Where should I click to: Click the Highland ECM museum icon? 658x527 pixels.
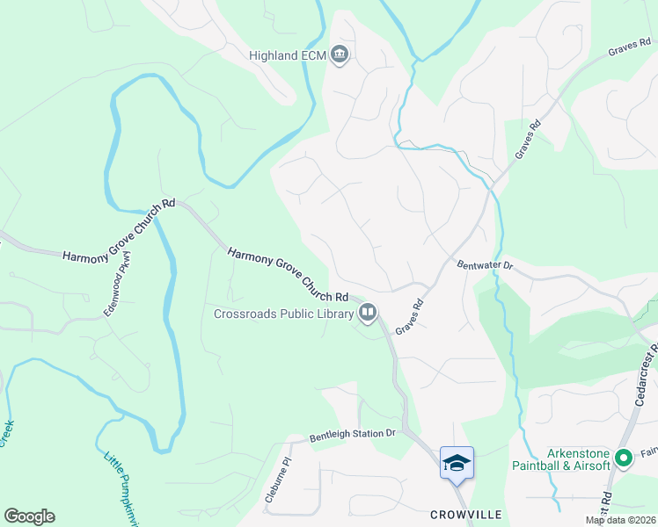(340, 56)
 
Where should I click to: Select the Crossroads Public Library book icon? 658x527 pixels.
(368, 312)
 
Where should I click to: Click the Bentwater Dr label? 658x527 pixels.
(483, 263)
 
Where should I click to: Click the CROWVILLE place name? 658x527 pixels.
(465, 514)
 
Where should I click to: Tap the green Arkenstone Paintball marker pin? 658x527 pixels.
(624, 458)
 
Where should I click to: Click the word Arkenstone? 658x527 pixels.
(579, 453)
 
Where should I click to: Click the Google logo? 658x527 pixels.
(29, 516)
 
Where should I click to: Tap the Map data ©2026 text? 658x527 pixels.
(620, 520)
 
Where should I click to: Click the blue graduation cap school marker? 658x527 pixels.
(457, 462)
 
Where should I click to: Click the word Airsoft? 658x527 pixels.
(590, 466)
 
